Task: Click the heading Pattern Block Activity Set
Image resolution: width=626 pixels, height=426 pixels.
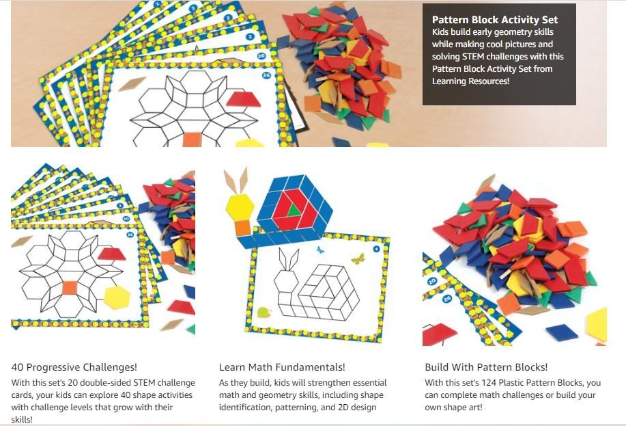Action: coord(495,20)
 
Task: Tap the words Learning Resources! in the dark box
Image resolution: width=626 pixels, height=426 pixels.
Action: coord(470,81)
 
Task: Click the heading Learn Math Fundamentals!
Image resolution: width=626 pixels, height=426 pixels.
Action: coord(282,367)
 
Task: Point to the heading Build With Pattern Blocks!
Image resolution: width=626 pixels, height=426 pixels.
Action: coord(486,367)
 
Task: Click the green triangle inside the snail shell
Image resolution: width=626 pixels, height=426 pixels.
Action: coord(293,212)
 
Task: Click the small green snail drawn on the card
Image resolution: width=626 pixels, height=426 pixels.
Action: coord(264,314)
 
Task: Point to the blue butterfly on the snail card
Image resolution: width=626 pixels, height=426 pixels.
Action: coord(319,250)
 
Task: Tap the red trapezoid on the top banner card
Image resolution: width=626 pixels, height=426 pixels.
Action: coord(244,100)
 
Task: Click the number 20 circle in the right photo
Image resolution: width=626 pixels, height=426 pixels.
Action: coord(431,281)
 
